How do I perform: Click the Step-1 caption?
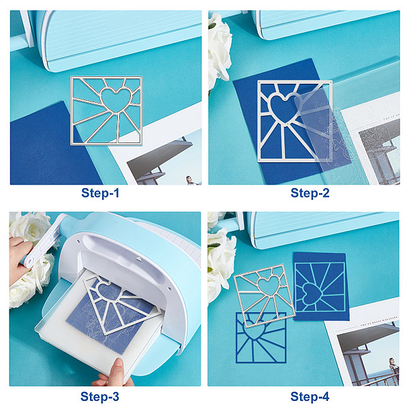point(100,194)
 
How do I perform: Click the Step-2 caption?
point(310,194)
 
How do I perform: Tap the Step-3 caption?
point(100,397)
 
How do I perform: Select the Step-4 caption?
point(310,397)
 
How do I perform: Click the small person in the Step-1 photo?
point(190,180)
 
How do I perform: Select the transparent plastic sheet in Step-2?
point(323,130)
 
